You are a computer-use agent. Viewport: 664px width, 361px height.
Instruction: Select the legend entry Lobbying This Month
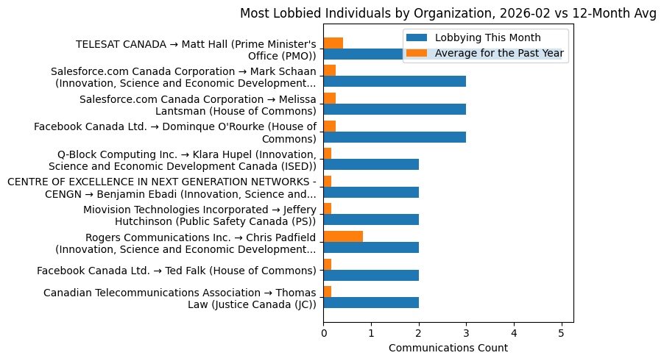coord(487,38)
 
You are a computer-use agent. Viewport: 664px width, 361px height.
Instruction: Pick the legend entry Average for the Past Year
coord(499,53)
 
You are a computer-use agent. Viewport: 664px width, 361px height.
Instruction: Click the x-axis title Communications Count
coord(448,348)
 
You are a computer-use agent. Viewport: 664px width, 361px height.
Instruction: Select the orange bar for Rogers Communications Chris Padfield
coord(343,236)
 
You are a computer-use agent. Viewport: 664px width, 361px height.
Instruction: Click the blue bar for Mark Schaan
coord(395,82)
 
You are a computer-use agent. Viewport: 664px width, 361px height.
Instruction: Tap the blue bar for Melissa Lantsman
coord(395,109)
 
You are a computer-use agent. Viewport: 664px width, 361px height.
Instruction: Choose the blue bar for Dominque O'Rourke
coord(395,137)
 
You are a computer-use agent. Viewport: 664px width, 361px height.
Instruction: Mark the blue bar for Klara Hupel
coord(371,164)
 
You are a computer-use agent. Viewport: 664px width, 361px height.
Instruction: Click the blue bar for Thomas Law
coord(371,302)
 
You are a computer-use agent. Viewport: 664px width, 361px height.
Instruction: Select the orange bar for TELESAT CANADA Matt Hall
coord(333,43)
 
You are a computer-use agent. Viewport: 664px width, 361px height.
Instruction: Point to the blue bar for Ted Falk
coord(371,275)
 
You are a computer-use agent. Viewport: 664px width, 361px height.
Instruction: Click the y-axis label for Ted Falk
coord(177,271)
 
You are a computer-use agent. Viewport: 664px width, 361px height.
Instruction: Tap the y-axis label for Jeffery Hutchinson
coord(199,215)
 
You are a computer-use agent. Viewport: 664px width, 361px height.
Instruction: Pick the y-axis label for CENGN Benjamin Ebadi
coord(161,187)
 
